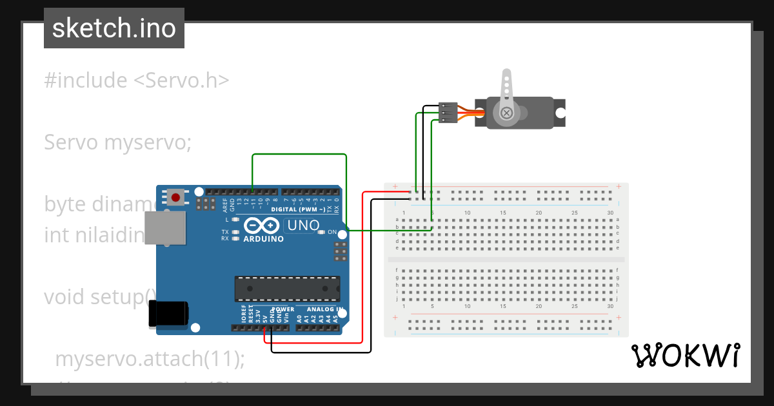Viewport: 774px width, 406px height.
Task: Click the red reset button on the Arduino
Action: [x=174, y=197]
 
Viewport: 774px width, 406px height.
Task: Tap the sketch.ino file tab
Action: [x=114, y=28]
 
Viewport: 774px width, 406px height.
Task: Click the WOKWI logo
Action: [x=686, y=356]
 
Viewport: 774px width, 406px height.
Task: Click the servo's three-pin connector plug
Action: [x=448, y=112]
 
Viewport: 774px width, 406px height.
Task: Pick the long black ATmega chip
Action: [x=286, y=288]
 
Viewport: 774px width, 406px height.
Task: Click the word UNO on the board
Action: [x=303, y=226]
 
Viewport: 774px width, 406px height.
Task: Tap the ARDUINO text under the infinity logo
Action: [x=263, y=239]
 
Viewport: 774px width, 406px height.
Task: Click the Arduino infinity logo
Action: [x=261, y=226]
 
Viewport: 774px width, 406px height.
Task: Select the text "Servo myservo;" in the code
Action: [x=117, y=142]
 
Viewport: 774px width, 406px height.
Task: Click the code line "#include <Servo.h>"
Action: [x=137, y=81]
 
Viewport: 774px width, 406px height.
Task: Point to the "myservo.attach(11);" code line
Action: [x=150, y=359]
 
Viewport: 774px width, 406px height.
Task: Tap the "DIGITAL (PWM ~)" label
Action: [x=298, y=209]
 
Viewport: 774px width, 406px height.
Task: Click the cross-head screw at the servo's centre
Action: [x=507, y=113]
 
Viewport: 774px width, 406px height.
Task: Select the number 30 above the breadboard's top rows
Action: [x=610, y=213]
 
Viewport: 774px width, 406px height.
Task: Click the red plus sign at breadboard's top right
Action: [x=619, y=187]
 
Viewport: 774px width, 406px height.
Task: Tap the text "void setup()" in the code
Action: [x=100, y=297]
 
